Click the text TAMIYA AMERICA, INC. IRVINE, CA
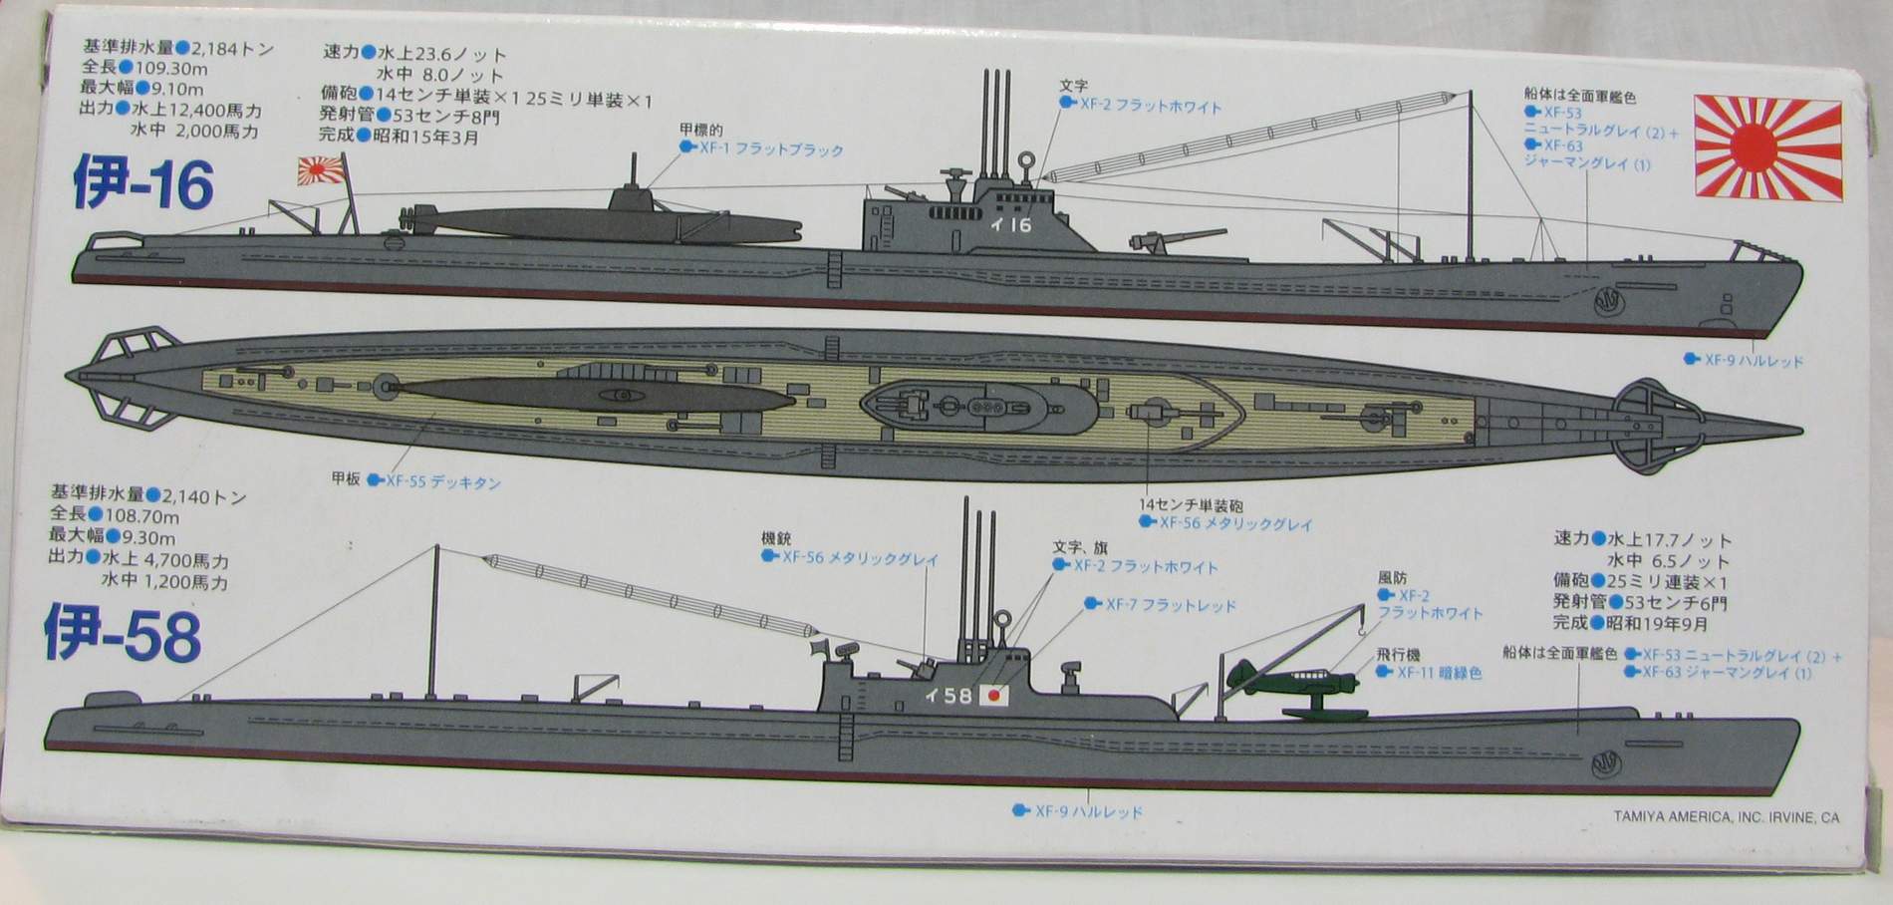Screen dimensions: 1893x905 click(1726, 817)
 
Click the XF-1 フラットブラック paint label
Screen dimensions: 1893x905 click(770, 150)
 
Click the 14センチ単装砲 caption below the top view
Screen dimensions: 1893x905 click(1192, 505)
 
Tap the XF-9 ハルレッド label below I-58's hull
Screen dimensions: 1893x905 click(1088, 811)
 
